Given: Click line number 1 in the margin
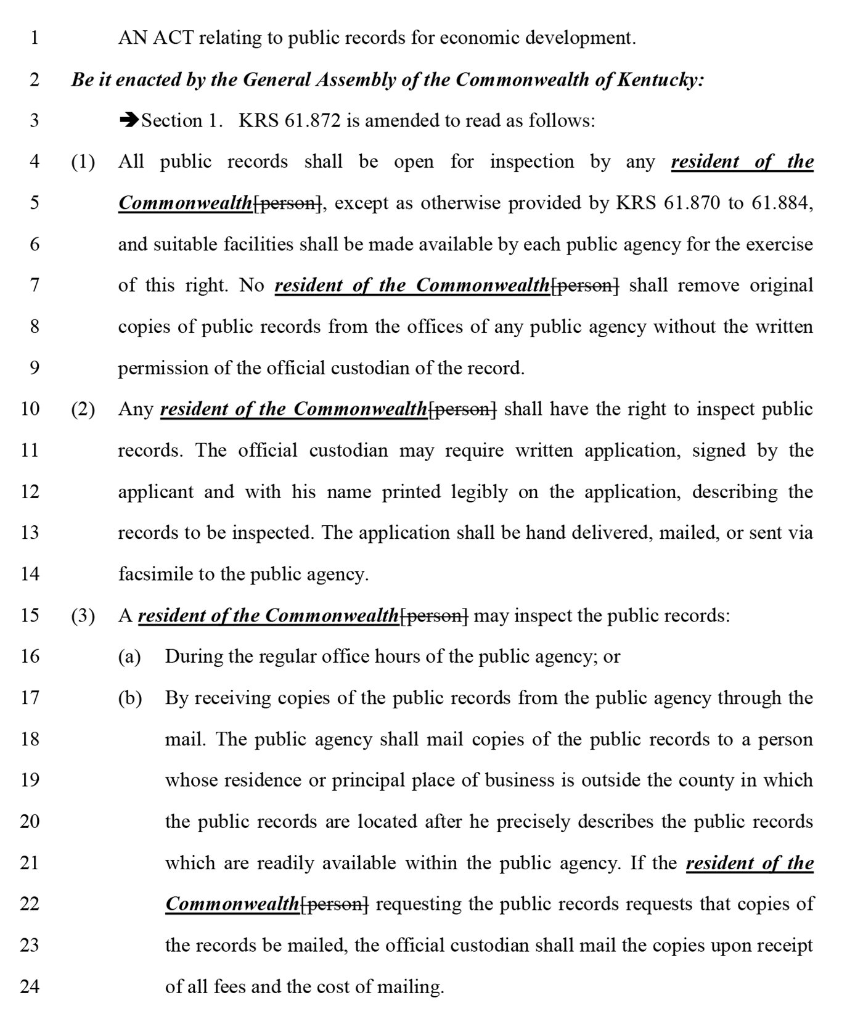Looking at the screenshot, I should pos(35,38).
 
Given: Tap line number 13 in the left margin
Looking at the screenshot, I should pos(30,533).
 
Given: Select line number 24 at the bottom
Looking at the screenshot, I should pos(30,986).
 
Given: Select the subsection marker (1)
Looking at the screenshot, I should pos(83,162).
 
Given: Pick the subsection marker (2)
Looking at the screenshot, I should pos(83,409).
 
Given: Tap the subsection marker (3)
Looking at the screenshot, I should pos(83,616).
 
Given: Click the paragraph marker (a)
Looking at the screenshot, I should pos(129,657).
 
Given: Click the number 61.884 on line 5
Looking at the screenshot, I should pos(779,203).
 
